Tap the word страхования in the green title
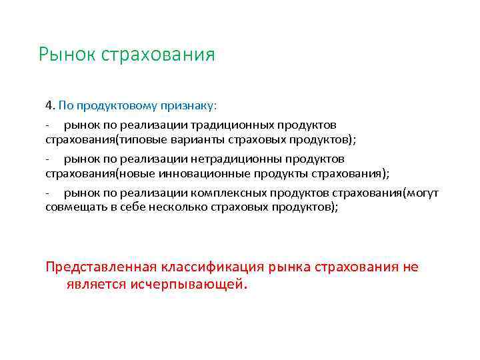point(158,54)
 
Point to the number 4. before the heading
point(50,105)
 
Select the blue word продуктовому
point(106,105)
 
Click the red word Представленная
point(101,267)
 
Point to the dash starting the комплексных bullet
point(48,193)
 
